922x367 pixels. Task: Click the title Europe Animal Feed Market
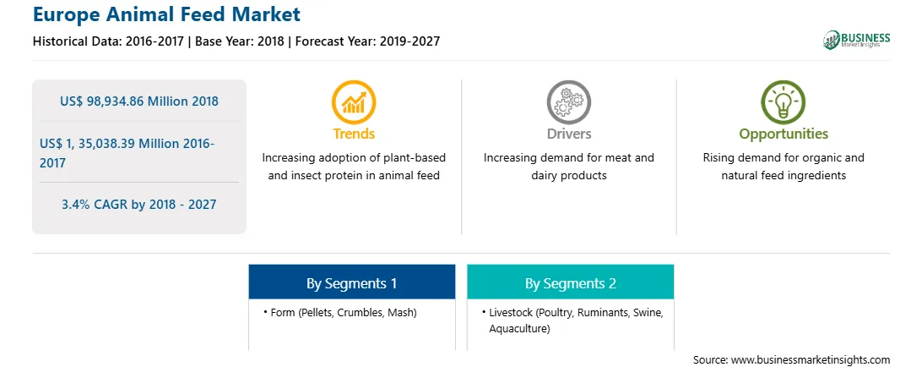pyautogui.click(x=166, y=14)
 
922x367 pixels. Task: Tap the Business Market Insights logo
pyautogui.click(x=856, y=40)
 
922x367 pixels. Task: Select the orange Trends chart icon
pyautogui.click(x=354, y=102)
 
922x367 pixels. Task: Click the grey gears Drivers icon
pyautogui.click(x=568, y=102)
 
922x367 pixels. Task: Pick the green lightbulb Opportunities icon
pyautogui.click(x=784, y=102)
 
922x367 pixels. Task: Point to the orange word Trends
pyautogui.click(x=354, y=134)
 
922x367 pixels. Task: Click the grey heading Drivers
pyautogui.click(x=569, y=134)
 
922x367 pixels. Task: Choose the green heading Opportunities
pyautogui.click(x=784, y=134)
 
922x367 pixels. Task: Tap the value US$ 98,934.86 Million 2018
pyautogui.click(x=139, y=101)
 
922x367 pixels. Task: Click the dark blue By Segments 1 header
pyautogui.click(x=351, y=283)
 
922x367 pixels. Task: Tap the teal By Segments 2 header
pyautogui.click(x=571, y=283)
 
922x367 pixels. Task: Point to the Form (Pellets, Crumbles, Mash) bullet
pyautogui.click(x=340, y=313)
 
